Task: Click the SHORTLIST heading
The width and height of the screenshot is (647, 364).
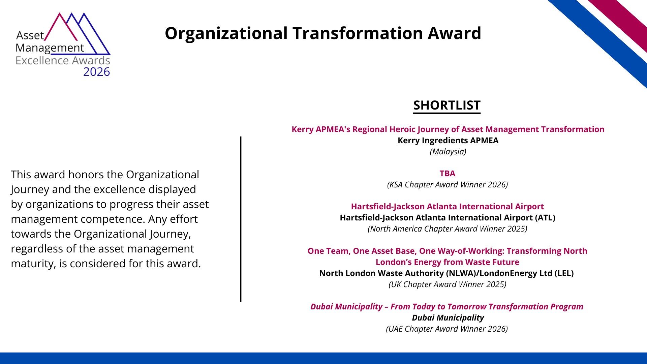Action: (447, 105)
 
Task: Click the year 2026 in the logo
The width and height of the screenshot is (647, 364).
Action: (96, 72)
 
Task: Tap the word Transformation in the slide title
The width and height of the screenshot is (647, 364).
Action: (358, 33)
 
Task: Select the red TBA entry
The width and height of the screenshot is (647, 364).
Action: (448, 174)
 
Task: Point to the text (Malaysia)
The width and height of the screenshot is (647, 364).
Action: (448, 152)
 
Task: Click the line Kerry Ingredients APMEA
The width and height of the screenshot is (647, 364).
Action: (448, 141)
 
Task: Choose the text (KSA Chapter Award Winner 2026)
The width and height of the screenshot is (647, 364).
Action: (448, 185)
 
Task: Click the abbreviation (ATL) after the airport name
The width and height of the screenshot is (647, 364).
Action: (545, 218)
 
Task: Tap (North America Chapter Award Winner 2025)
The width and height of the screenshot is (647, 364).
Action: (448, 229)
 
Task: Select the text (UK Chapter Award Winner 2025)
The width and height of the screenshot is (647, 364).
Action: (448, 284)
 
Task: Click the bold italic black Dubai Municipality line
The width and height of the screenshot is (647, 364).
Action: (448, 318)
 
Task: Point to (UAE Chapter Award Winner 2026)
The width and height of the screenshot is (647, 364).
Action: (447, 329)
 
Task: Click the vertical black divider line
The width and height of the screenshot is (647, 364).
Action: (241, 219)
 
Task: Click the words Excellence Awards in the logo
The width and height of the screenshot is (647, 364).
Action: (63, 61)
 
